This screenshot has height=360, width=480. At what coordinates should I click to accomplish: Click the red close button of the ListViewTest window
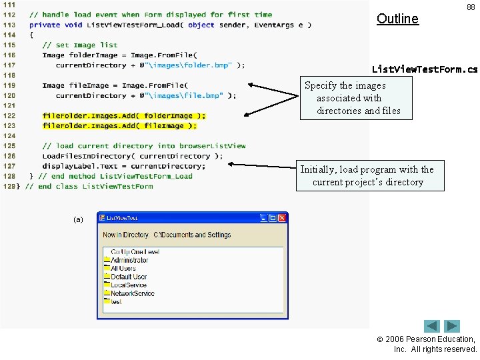click(x=283, y=218)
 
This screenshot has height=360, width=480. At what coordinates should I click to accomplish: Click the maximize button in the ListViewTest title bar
click(x=273, y=218)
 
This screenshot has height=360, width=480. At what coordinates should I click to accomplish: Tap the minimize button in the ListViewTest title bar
click(x=264, y=218)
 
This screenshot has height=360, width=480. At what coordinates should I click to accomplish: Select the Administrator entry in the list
click(x=129, y=260)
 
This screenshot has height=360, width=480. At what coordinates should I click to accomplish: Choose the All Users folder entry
click(x=123, y=269)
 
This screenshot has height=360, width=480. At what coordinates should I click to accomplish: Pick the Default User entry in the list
click(x=129, y=277)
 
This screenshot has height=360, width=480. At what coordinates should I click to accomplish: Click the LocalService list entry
click(x=128, y=285)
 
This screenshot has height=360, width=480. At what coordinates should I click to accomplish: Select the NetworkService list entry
click(x=132, y=293)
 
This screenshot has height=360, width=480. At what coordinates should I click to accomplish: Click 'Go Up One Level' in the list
click(x=135, y=252)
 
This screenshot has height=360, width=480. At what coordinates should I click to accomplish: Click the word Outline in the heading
click(x=397, y=19)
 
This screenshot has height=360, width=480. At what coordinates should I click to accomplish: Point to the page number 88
click(x=471, y=7)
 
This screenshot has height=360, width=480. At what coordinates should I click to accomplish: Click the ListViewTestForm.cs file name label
click(x=425, y=69)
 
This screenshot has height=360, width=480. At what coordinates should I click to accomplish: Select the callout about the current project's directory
click(x=369, y=176)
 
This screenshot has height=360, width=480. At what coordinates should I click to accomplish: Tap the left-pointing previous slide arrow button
click(x=432, y=326)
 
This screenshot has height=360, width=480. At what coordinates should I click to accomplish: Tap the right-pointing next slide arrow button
click(x=453, y=326)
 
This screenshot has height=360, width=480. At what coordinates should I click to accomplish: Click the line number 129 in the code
click(x=9, y=186)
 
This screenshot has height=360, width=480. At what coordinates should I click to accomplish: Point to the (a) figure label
click(x=78, y=219)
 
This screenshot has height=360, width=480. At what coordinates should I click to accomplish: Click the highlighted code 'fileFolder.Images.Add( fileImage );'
click(x=119, y=125)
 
